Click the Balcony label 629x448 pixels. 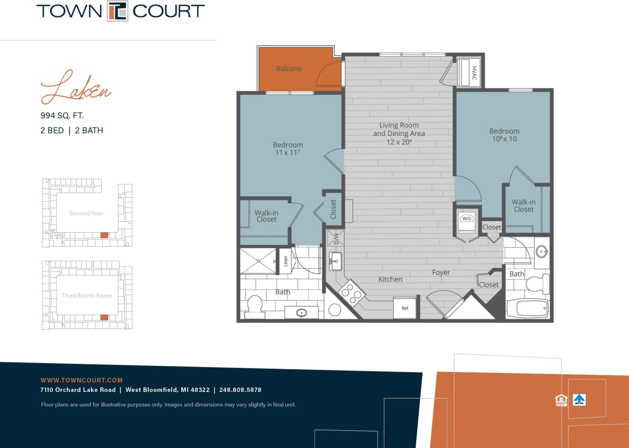(x=288, y=68)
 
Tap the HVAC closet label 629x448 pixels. (x=474, y=72)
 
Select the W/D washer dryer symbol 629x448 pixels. (x=465, y=219)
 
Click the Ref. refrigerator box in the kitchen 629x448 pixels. (x=405, y=308)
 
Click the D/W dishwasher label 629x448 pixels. (x=336, y=238)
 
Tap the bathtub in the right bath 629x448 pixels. (x=527, y=308)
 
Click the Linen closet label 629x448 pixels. (x=286, y=261)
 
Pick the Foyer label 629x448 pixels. (x=441, y=272)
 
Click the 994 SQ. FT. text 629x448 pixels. (x=62, y=116)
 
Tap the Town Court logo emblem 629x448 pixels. (x=118, y=11)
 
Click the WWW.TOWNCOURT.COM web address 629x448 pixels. (x=81, y=380)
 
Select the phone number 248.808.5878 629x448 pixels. (x=241, y=390)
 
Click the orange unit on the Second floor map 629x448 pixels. (x=104, y=235)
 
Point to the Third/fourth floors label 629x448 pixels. (x=86, y=296)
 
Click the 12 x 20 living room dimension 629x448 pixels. (x=399, y=142)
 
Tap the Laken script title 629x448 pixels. (x=76, y=89)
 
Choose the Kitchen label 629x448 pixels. (x=390, y=279)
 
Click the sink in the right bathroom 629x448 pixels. (x=542, y=252)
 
